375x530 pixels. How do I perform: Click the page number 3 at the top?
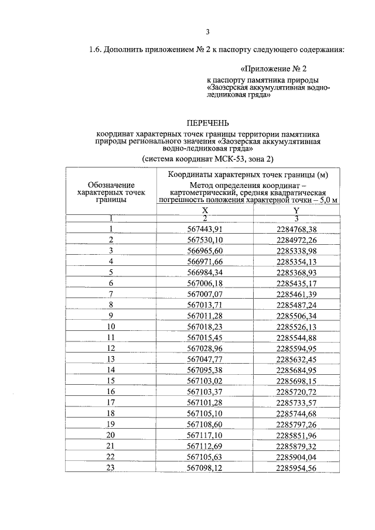(207, 32)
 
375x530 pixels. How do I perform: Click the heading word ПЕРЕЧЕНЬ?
(207, 124)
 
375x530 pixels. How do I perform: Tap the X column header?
(205, 211)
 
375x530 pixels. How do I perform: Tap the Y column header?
(296, 211)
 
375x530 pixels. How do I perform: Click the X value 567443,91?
(205, 229)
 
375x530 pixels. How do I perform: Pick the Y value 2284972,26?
(296, 240)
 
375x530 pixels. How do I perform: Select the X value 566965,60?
(205, 251)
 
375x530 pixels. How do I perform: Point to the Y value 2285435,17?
(296, 283)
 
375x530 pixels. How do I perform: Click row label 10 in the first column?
(111, 326)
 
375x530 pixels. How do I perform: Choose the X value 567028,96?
(205, 348)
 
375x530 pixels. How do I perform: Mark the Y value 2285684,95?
(296, 370)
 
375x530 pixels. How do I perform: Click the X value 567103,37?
(205, 391)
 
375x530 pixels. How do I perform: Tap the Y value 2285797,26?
(296, 423)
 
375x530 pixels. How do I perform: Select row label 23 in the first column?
(111, 467)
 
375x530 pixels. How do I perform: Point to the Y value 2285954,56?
(296, 467)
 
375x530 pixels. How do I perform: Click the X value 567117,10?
(205, 435)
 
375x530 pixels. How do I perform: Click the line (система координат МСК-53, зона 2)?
(207, 159)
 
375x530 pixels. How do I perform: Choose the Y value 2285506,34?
(296, 316)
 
